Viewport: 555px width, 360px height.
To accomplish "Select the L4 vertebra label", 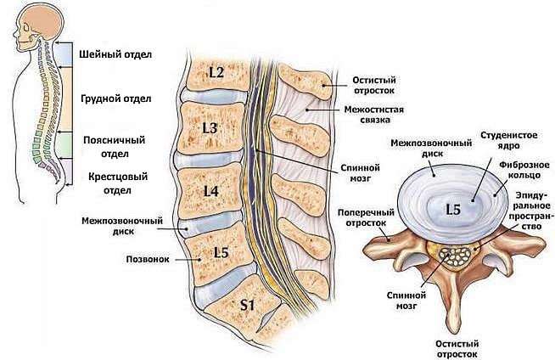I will coord(210,192).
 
